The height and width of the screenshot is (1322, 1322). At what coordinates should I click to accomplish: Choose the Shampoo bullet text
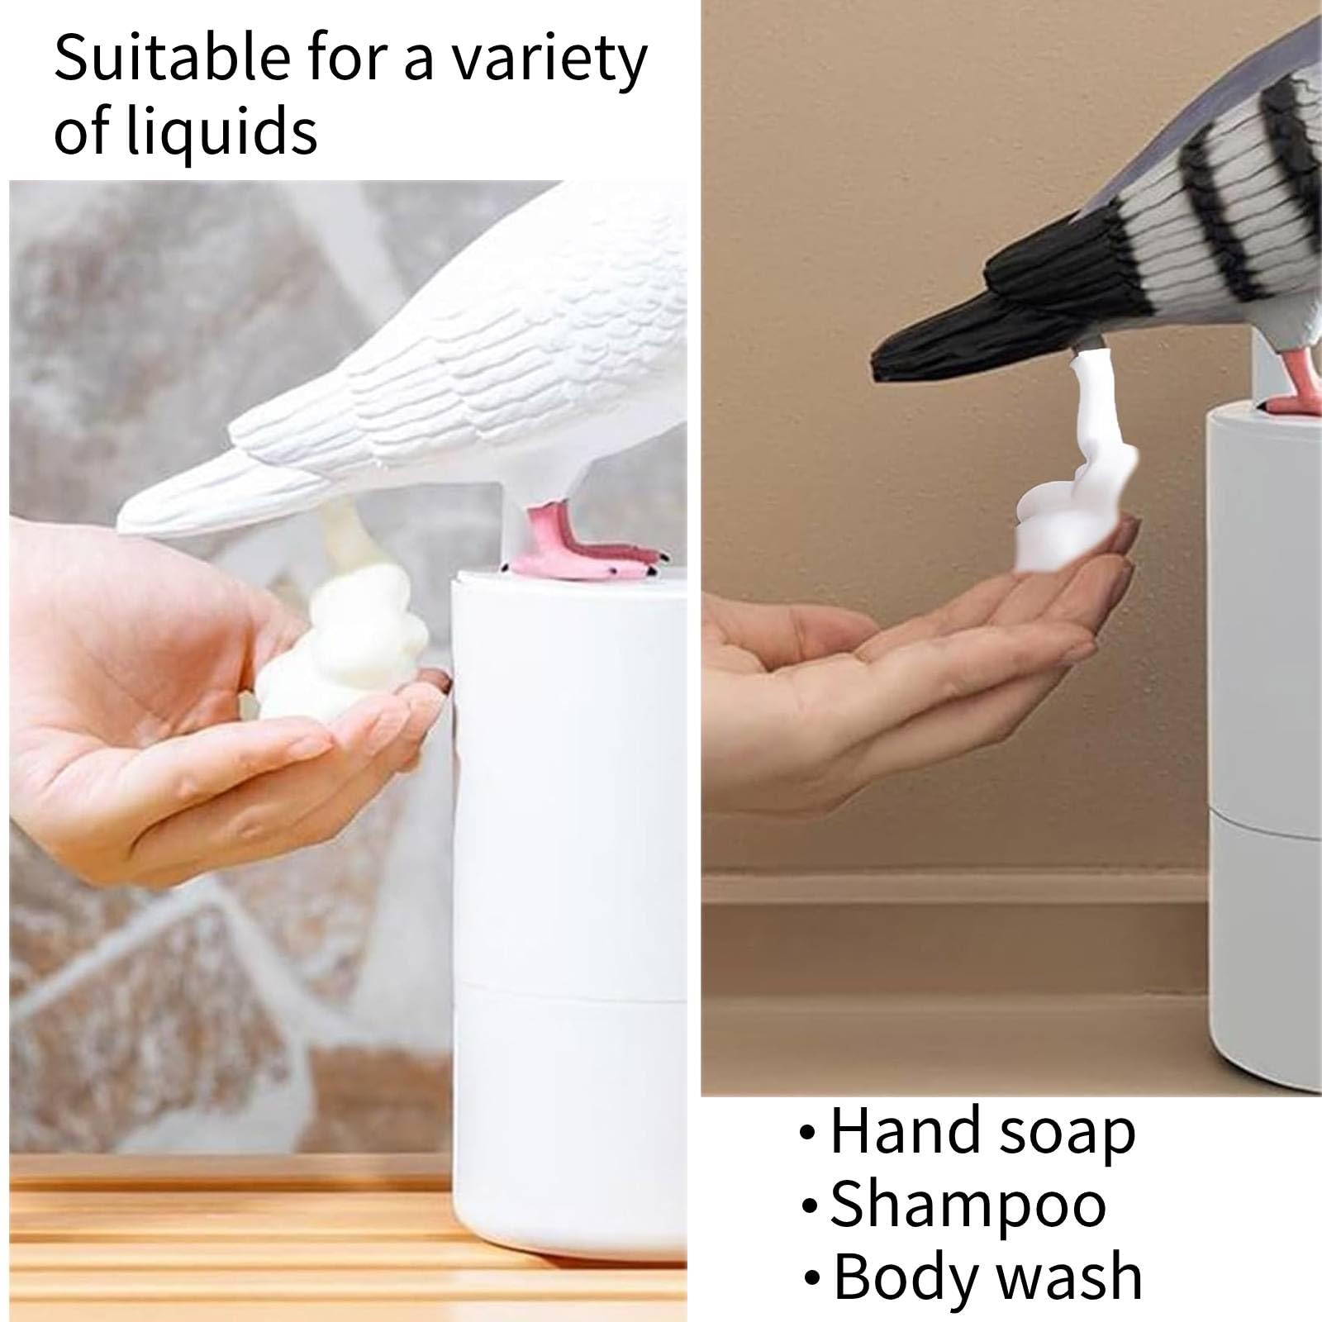[967, 1205]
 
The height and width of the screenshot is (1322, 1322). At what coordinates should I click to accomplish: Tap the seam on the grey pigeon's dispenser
[1264, 811]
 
